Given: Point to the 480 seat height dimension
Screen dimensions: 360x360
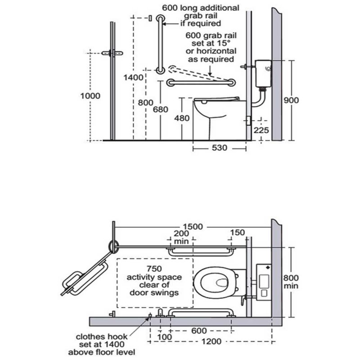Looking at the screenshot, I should click(x=182, y=118).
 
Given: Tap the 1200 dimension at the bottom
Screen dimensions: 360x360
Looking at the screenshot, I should click(x=211, y=342).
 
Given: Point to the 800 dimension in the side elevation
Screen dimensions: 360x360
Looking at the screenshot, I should click(x=146, y=103).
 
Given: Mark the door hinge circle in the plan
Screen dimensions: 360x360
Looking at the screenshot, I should click(x=113, y=246).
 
